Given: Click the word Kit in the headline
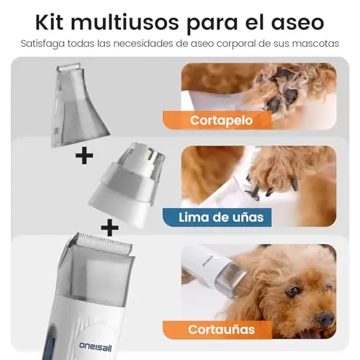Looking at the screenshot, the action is [49, 22].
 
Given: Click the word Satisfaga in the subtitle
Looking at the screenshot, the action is [42, 44].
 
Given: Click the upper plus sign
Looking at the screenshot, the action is [84, 156].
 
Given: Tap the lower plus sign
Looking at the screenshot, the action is [109, 228].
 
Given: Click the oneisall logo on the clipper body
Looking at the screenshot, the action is [96, 346].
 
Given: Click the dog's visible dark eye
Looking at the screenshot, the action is [292, 292].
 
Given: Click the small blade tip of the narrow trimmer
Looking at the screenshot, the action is [69, 67].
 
